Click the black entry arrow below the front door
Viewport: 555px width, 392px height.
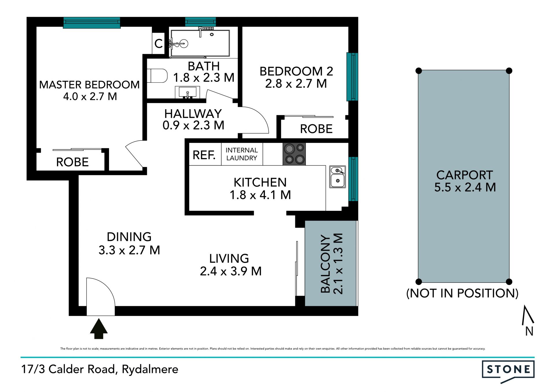(99, 328)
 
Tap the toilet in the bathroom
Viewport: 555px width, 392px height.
(157, 76)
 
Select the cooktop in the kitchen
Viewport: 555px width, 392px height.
(294, 154)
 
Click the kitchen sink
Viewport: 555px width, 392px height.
(338, 177)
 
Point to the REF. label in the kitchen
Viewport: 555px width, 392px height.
(204, 155)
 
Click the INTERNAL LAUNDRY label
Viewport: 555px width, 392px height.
(242, 154)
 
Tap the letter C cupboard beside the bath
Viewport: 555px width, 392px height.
(158, 44)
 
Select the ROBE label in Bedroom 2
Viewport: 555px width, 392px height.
(316, 129)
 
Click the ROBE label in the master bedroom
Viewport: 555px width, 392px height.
(72, 162)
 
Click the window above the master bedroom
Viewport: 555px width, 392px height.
(92, 23)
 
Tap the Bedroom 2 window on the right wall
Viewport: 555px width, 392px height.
(352, 77)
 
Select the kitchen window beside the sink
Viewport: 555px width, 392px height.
(353, 179)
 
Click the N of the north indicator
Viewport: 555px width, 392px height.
(529, 331)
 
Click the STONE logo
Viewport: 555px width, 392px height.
(508, 371)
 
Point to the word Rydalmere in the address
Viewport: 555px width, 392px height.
(150, 369)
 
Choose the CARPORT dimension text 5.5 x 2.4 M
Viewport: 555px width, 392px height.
(465, 187)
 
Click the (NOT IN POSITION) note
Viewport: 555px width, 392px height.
(462, 293)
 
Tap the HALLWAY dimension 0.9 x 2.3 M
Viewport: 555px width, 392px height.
(193, 125)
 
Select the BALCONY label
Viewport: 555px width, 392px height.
(325, 264)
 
